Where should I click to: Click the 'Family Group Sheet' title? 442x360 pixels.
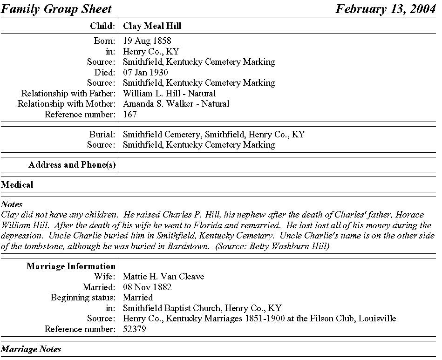(56, 9)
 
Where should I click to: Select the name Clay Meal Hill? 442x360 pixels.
(152, 26)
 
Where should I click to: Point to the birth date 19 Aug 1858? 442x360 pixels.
(147, 41)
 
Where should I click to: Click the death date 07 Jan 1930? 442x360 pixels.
(145, 72)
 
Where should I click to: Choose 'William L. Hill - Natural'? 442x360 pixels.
(169, 93)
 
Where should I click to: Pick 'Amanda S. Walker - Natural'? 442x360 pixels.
(176, 104)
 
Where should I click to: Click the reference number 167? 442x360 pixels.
(130, 114)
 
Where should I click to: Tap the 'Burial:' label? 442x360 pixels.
(102, 135)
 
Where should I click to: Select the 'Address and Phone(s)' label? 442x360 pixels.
(72, 165)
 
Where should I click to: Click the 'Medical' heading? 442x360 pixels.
(17, 185)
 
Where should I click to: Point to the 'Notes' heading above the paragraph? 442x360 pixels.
(12, 204)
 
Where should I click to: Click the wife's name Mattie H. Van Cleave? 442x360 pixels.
(163, 277)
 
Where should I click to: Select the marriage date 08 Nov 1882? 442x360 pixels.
(147, 287)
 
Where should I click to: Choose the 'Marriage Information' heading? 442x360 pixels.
(71, 266)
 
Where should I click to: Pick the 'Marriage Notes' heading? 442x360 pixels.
(31, 349)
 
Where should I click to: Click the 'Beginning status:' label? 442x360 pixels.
(82, 298)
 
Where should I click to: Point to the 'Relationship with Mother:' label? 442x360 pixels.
(66, 104)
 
